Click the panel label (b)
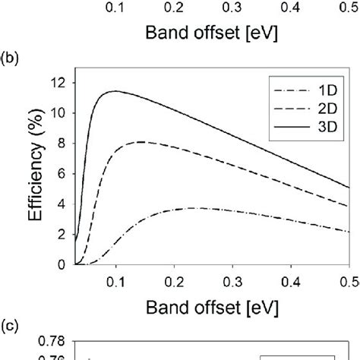point(11,56)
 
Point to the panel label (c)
point(11,327)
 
